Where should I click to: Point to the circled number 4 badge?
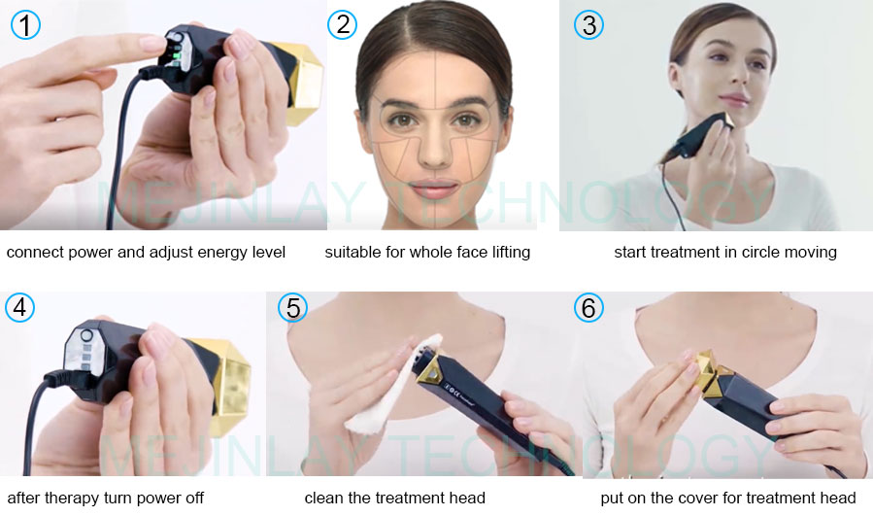[20, 308]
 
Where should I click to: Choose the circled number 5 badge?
[292, 308]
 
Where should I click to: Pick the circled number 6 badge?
[588, 308]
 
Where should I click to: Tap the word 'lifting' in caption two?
[508, 253]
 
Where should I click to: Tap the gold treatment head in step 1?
[304, 83]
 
